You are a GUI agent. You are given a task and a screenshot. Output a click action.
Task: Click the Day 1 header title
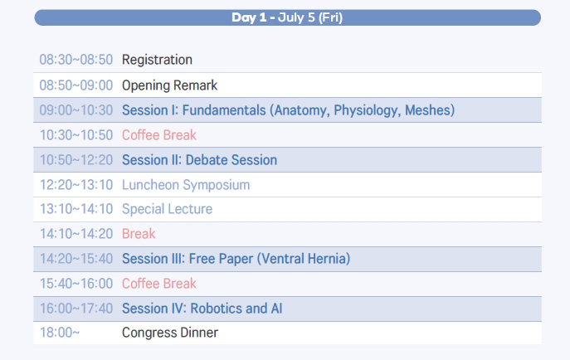(x=287, y=17)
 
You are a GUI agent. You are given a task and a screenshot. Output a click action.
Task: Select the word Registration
(x=157, y=60)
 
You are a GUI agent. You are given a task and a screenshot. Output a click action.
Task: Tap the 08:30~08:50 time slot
(x=76, y=60)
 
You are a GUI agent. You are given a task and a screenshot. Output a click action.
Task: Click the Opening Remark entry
(x=169, y=85)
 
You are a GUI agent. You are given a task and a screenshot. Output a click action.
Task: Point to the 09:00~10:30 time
(x=76, y=110)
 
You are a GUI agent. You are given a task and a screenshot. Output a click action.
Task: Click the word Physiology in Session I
(x=366, y=110)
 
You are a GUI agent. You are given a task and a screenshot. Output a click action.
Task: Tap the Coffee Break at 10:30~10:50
(x=158, y=135)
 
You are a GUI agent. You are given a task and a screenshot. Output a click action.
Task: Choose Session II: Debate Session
(x=200, y=160)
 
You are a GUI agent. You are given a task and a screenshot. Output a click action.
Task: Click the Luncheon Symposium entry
(x=186, y=185)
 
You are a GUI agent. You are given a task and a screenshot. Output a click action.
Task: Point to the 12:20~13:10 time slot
(x=76, y=185)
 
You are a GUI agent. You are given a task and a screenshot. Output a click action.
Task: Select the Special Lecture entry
(x=168, y=209)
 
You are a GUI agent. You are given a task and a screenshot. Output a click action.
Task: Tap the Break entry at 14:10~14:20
(x=139, y=234)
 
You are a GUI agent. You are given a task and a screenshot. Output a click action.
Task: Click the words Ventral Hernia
(x=304, y=259)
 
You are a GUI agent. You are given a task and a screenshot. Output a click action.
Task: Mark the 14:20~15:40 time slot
(x=76, y=259)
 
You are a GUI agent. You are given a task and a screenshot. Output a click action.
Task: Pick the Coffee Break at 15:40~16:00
(x=158, y=284)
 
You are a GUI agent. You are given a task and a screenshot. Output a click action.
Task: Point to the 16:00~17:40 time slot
(x=76, y=309)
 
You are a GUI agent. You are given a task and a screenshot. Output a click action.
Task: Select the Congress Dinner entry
(x=170, y=333)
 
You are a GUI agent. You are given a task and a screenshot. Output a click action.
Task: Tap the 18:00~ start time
(x=60, y=333)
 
